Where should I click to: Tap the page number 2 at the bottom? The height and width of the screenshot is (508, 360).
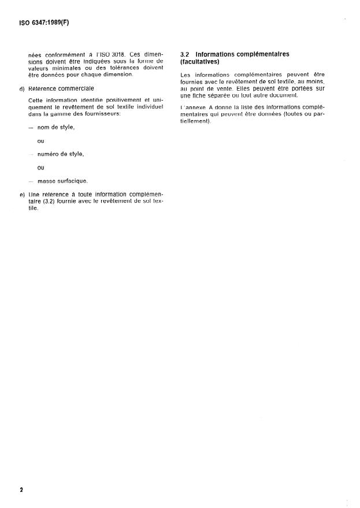click(21, 490)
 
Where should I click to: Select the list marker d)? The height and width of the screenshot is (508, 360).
click(22, 88)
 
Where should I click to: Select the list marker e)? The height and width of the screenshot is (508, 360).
click(22, 195)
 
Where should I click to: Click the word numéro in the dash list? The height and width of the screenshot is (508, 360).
click(49, 154)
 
